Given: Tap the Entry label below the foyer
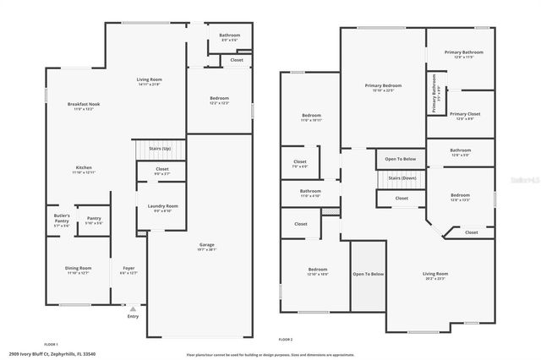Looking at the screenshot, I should (x=133, y=317).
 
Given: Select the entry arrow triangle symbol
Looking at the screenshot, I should (x=133, y=308).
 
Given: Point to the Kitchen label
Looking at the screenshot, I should (x=84, y=169).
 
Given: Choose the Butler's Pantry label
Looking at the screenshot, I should (x=63, y=218).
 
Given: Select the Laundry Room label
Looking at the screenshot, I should (x=162, y=208).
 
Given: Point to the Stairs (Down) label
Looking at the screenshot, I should (x=402, y=178).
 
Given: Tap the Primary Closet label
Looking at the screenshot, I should (x=465, y=116).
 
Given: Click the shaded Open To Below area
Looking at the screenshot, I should (x=369, y=275).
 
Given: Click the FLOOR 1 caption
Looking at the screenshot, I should (x=51, y=344).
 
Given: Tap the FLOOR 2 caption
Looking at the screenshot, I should (x=285, y=338).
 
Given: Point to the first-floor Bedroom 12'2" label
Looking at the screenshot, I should (x=219, y=101).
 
